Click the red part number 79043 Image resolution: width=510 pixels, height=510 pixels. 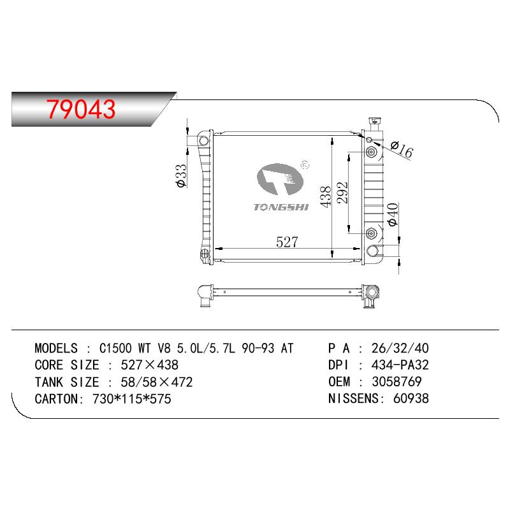(81, 109)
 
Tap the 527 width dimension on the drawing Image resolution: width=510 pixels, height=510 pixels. (287, 242)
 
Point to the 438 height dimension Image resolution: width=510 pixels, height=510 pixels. (326, 196)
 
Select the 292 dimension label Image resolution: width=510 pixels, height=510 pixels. (342, 193)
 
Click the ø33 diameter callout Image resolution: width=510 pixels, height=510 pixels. (181, 176)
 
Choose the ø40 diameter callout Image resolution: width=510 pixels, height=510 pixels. (393, 214)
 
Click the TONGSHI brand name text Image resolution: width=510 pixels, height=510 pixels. (281, 207)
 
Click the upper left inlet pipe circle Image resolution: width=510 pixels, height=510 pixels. (203, 141)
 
